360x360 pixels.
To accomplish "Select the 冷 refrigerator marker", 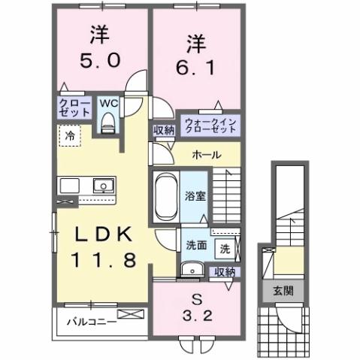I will coord(69,138).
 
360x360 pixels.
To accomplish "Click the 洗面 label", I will coord(196,245).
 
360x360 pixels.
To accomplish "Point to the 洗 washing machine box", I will coord(225,247).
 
